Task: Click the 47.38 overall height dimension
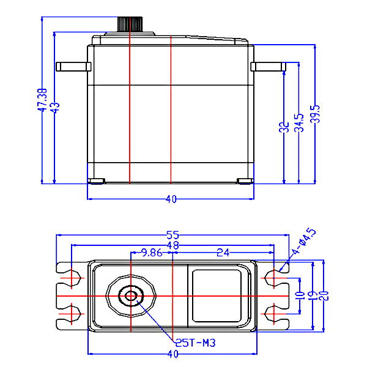pos(42,100)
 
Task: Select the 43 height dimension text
pos(55,107)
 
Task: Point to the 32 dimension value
pos(284,128)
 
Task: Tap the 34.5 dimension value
pos(298,122)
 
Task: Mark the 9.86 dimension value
pos(152,252)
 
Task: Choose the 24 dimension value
pos(223,252)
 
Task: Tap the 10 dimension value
pos(300,295)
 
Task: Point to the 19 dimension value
pos(313,295)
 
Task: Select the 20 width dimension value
pos(324,295)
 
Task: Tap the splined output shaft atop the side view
pos(130,24)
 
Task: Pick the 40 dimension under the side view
pos(171,199)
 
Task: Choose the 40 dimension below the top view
pos(173,354)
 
